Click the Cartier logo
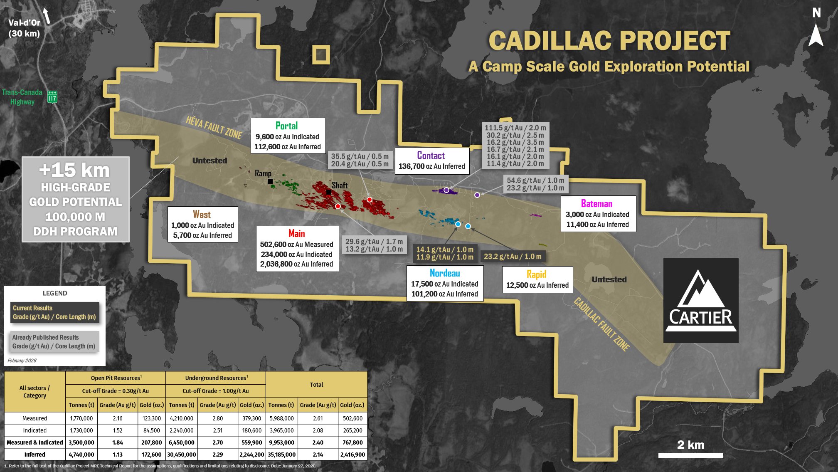tap(701, 300)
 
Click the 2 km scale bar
tap(690, 455)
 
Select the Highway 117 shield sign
tap(52, 97)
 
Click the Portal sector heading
tap(286, 126)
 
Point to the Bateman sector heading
tap(596, 204)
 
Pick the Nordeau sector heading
tap(445, 273)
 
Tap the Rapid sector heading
tap(536, 274)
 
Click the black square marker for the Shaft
tap(329, 192)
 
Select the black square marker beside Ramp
tap(270, 181)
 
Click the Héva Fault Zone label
tap(214, 127)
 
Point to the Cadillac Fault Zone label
tap(601, 324)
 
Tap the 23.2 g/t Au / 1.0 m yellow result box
tap(513, 257)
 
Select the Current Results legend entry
tap(54, 312)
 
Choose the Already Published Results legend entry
tap(54, 341)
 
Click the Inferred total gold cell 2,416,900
tap(352, 455)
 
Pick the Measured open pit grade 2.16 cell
tap(118, 418)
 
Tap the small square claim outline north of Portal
tap(321, 54)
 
